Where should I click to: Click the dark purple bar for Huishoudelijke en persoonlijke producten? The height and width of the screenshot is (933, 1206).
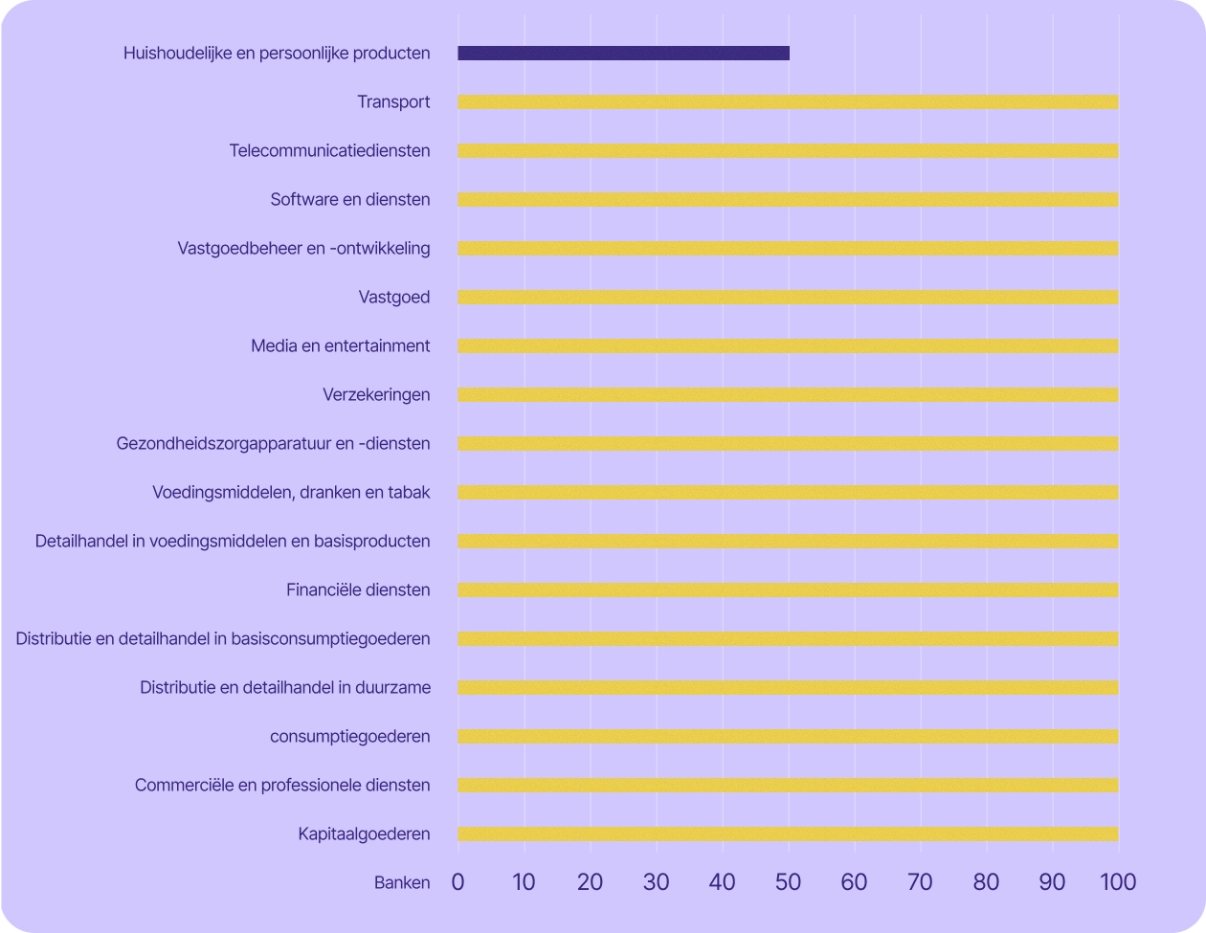click(623, 54)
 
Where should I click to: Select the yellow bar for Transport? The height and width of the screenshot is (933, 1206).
click(788, 102)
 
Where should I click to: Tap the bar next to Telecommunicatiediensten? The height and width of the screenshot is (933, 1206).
click(788, 151)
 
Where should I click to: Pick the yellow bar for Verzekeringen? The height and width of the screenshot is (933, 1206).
click(788, 395)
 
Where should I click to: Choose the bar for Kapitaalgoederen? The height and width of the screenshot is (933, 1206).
click(788, 834)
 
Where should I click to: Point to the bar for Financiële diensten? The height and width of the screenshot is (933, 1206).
click(788, 590)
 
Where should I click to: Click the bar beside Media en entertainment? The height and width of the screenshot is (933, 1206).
click(788, 346)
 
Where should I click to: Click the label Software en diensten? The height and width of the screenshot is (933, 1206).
click(349, 200)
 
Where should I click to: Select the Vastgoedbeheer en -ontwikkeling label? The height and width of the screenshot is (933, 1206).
click(303, 249)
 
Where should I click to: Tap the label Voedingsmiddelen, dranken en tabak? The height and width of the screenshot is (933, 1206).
click(291, 493)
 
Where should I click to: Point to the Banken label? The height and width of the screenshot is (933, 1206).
click(402, 883)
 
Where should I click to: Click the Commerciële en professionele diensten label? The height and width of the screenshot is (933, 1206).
click(282, 786)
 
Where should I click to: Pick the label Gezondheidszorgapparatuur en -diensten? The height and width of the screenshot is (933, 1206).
click(273, 444)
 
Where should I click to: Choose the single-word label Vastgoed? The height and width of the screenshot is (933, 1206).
click(393, 298)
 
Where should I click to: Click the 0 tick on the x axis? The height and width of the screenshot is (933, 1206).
click(458, 882)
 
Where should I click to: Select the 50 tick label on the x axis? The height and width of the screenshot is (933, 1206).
click(788, 882)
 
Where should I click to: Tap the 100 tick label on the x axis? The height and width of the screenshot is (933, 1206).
click(1117, 882)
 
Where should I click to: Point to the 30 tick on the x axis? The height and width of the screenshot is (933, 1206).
click(656, 882)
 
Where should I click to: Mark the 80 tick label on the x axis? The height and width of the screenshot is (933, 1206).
click(986, 882)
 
